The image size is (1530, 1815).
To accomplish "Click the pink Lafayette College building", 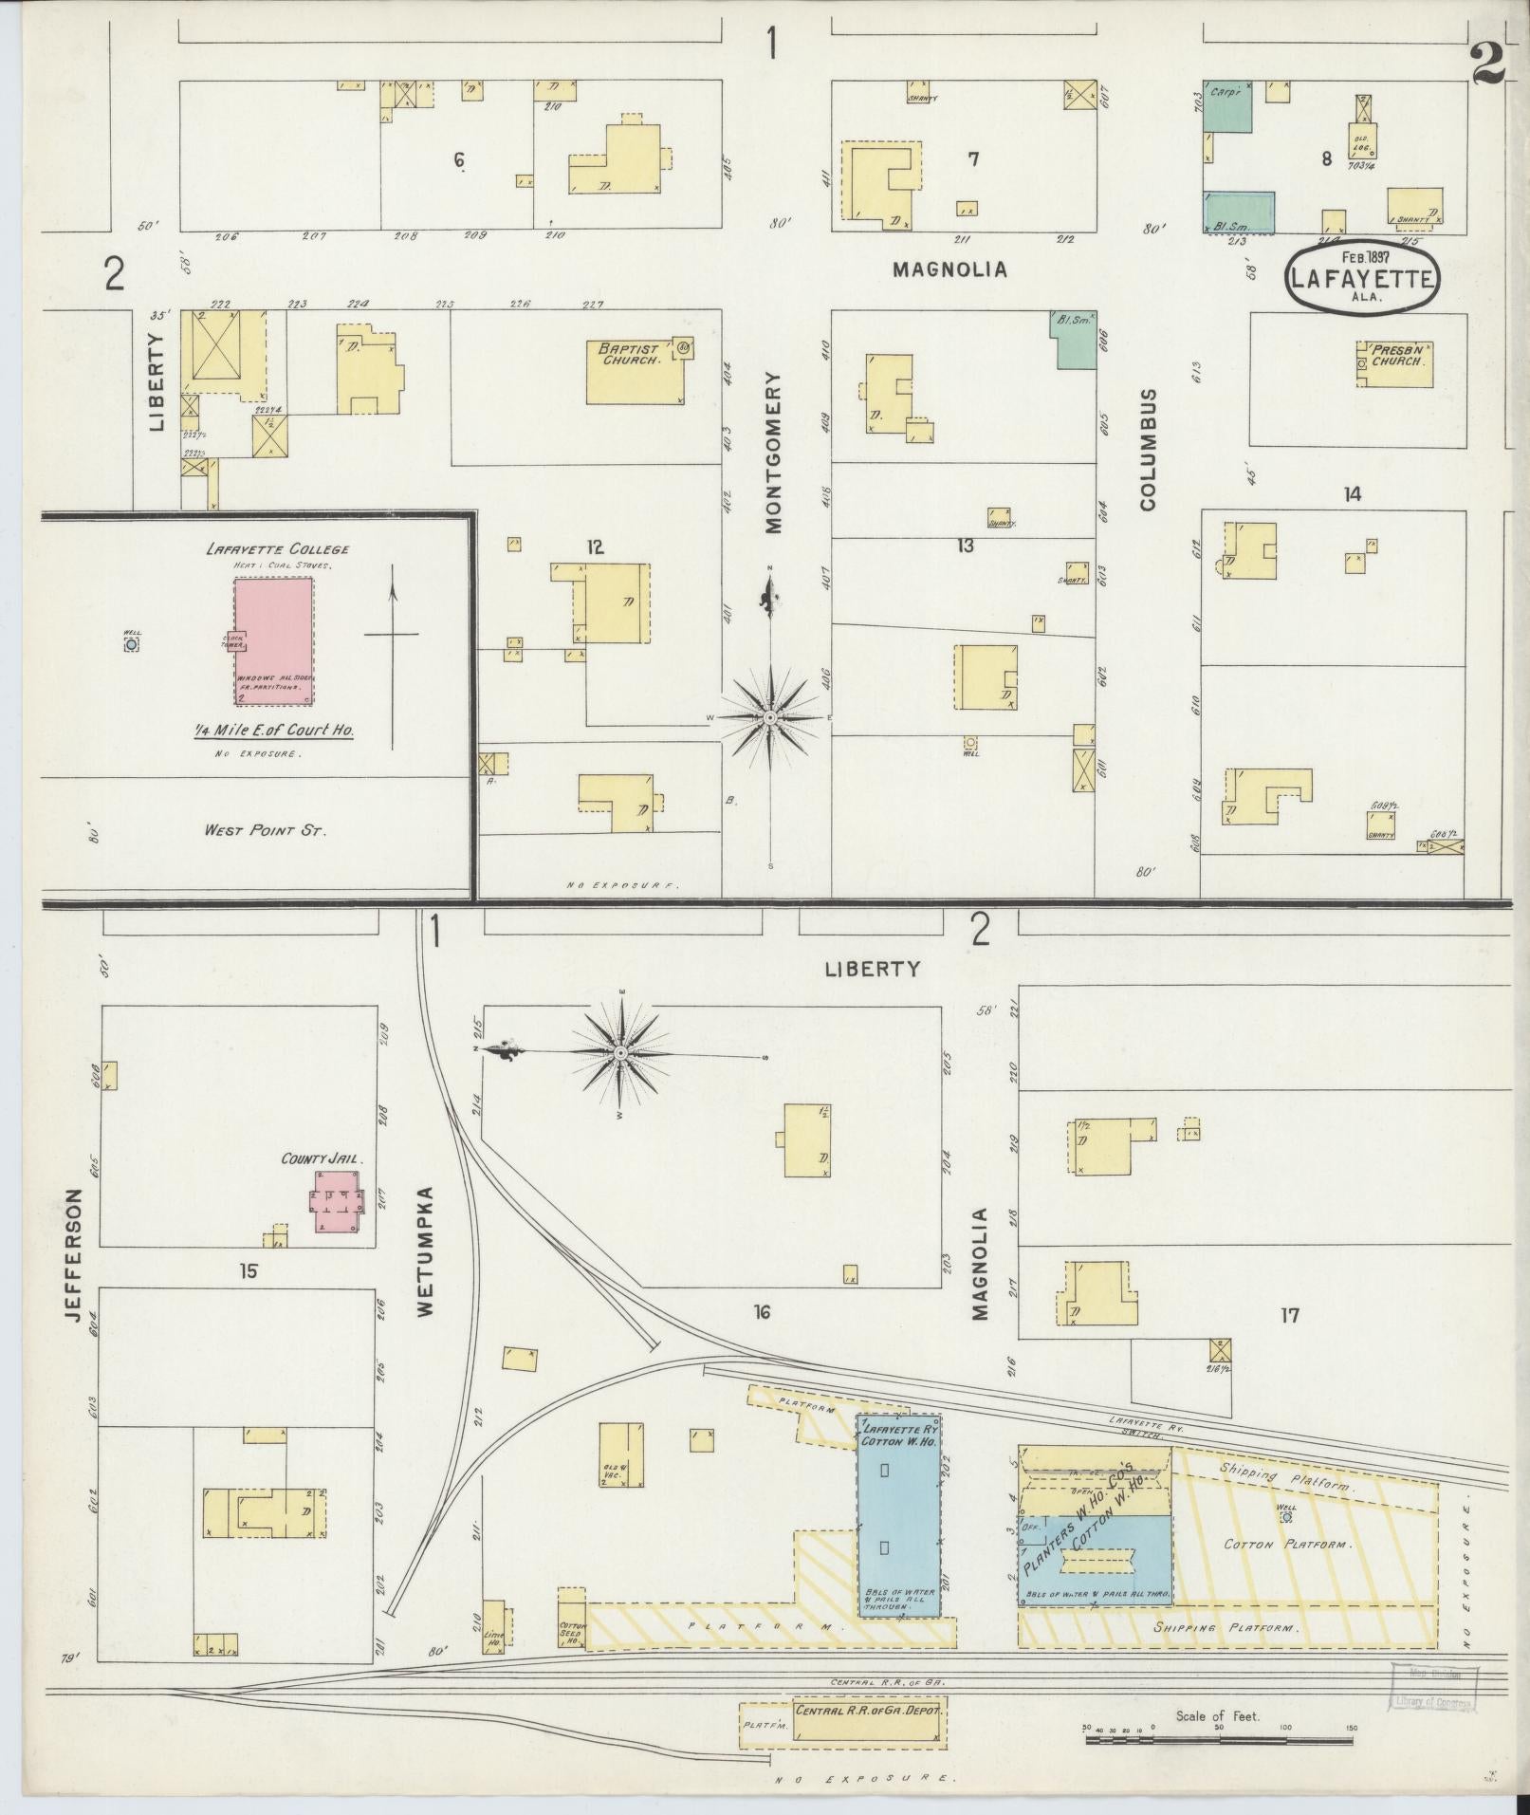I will pyautogui.click(x=274, y=641).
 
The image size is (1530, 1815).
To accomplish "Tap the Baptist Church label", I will pyautogui.click(x=628, y=355).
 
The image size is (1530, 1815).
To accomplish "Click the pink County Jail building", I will pyautogui.click(x=336, y=1200).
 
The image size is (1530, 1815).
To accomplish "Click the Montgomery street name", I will pyautogui.click(x=774, y=452).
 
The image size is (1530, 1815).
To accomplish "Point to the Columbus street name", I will pyautogui.click(x=1149, y=449).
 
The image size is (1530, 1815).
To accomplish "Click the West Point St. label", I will pyautogui.click(x=266, y=830).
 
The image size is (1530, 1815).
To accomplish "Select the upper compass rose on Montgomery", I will pyautogui.click(x=770, y=718).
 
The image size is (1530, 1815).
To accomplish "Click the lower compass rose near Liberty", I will pyautogui.click(x=619, y=1053).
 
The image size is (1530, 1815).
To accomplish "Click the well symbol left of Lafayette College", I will pyautogui.click(x=131, y=644).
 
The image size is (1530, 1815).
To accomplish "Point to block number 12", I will pyautogui.click(x=595, y=547).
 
